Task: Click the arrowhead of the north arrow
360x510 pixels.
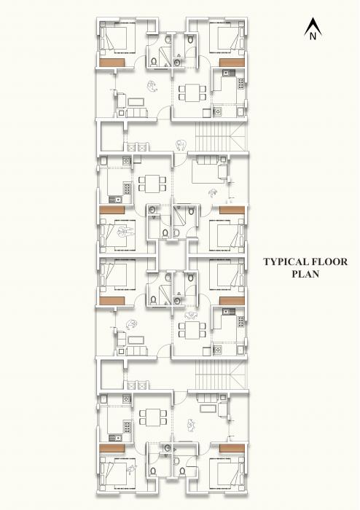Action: pyautogui.click(x=312, y=23)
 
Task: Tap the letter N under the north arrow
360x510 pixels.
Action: pyautogui.click(x=312, y=34)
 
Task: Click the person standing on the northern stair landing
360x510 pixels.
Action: pyautogui.click(x=180, y=144)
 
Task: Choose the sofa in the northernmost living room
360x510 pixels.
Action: pyautogui.click(x=136, y=111)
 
